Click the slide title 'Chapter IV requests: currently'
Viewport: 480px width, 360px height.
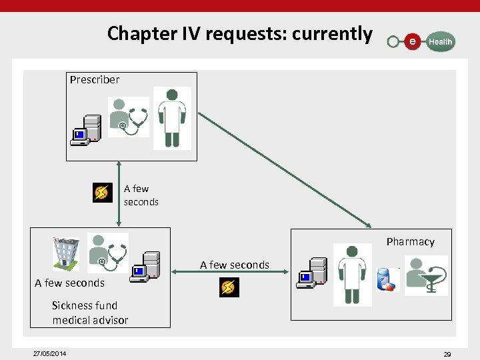pyautogui.click(x=239, y=33)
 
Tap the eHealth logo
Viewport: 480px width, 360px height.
pyautogui.click(x=421, y=41)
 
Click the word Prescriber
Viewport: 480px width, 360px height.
pyautogui.click(x=95, y=79)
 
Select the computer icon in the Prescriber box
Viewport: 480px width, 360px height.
pyautogui.click(x=86, y=130)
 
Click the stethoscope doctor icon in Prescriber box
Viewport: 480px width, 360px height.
pyautogui.click(x=129, y=116)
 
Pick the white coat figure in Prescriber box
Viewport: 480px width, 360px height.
pyautogui.click(x=172, y=118)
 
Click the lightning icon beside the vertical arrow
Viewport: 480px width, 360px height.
pyautogui.click(x=102, y=193)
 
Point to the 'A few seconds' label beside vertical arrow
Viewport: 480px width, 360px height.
pyautogui.click(x=141, y=195)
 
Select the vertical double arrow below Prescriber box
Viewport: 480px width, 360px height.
pyautogui.click(x=119, y=194)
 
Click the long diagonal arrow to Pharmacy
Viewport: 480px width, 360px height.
pyautogui.click(x=285, y=169)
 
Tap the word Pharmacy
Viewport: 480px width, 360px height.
pyautogui.click(x=410, y=241)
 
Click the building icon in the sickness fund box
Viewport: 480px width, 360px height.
pyautogui.click(x=66, y=254)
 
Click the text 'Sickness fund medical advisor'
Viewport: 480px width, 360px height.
pyautogui.click(x=90, y=313)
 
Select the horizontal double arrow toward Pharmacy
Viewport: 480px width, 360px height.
pyautogui.click(x=230, y=271)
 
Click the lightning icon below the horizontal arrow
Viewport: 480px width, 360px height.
pyautogui.click(x=229, y=287)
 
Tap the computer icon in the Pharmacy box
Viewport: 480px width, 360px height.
pyautogui.click(x=311, y=273)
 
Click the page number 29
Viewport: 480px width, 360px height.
pyautogui.click(x=447, y=354)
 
